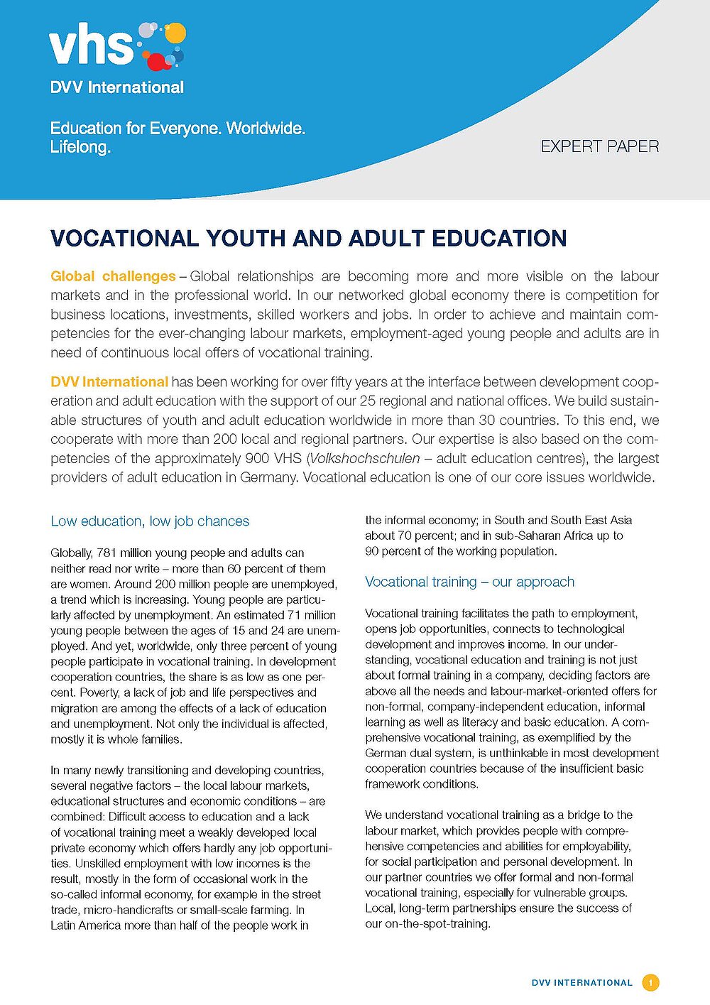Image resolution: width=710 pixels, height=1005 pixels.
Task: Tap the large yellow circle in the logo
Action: [175, 33]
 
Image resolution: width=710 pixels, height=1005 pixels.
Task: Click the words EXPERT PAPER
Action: [599, 146]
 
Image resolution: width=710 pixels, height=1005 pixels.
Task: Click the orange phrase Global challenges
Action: [113, 276]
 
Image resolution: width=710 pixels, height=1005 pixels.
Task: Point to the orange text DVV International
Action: [109, 381]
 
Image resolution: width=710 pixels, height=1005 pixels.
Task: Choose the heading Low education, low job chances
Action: [150, 521]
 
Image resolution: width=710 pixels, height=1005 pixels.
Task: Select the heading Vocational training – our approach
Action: [469, 582]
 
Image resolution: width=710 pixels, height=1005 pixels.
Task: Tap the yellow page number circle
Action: [650, 983]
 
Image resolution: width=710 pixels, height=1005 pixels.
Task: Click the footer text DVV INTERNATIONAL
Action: [581, 983]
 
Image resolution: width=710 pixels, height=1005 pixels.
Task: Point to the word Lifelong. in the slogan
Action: [80, 147]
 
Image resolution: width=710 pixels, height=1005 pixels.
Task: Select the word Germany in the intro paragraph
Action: [268, 477]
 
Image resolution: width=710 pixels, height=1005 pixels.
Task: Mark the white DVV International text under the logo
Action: [117, 87]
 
